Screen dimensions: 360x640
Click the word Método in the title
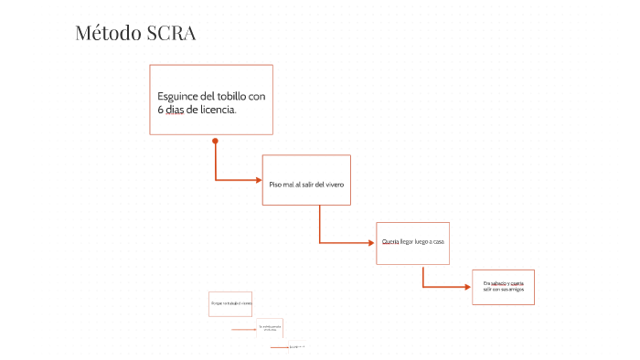tap(108, 34)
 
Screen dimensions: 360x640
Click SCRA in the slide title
tap(171, 34)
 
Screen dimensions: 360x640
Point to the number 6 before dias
tap(160, 110)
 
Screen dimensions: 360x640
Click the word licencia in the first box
tap(216, 110)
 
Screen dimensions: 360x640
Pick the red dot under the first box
tap(215, 141)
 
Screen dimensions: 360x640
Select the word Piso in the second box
tap(275, 185)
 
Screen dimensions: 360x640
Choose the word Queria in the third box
tap(390, 241)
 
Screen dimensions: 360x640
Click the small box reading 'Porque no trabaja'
tap(230, 303)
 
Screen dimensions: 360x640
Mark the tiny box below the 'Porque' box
tap(270, 328)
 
